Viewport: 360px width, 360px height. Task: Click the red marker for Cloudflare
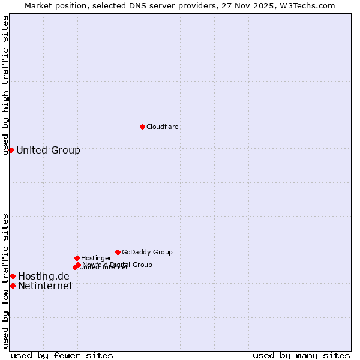(142, 127)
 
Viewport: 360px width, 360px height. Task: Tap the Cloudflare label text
(163, 127)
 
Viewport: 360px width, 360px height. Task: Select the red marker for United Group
(11, 150)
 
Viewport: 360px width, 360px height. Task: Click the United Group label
(48, 150)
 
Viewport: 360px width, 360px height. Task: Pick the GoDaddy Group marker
(118, 252)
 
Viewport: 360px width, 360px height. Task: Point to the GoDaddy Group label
(147, 252)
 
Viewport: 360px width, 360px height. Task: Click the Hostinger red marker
(77, 258)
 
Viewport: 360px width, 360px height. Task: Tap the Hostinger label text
(97, 258)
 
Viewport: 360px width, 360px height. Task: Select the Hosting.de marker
(13, 276)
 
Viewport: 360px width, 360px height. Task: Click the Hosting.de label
(44, 276)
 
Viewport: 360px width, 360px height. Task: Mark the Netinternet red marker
(13, 286)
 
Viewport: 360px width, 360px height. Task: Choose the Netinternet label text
(45, 286)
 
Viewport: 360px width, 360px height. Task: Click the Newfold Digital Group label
(118, 265)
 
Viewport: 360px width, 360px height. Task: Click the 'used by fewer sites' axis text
(62, 355)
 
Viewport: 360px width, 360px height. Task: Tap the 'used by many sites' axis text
(301, 355)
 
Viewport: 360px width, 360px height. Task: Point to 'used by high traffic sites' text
(6, 85)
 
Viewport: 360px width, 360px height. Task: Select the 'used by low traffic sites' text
(6, 281)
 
